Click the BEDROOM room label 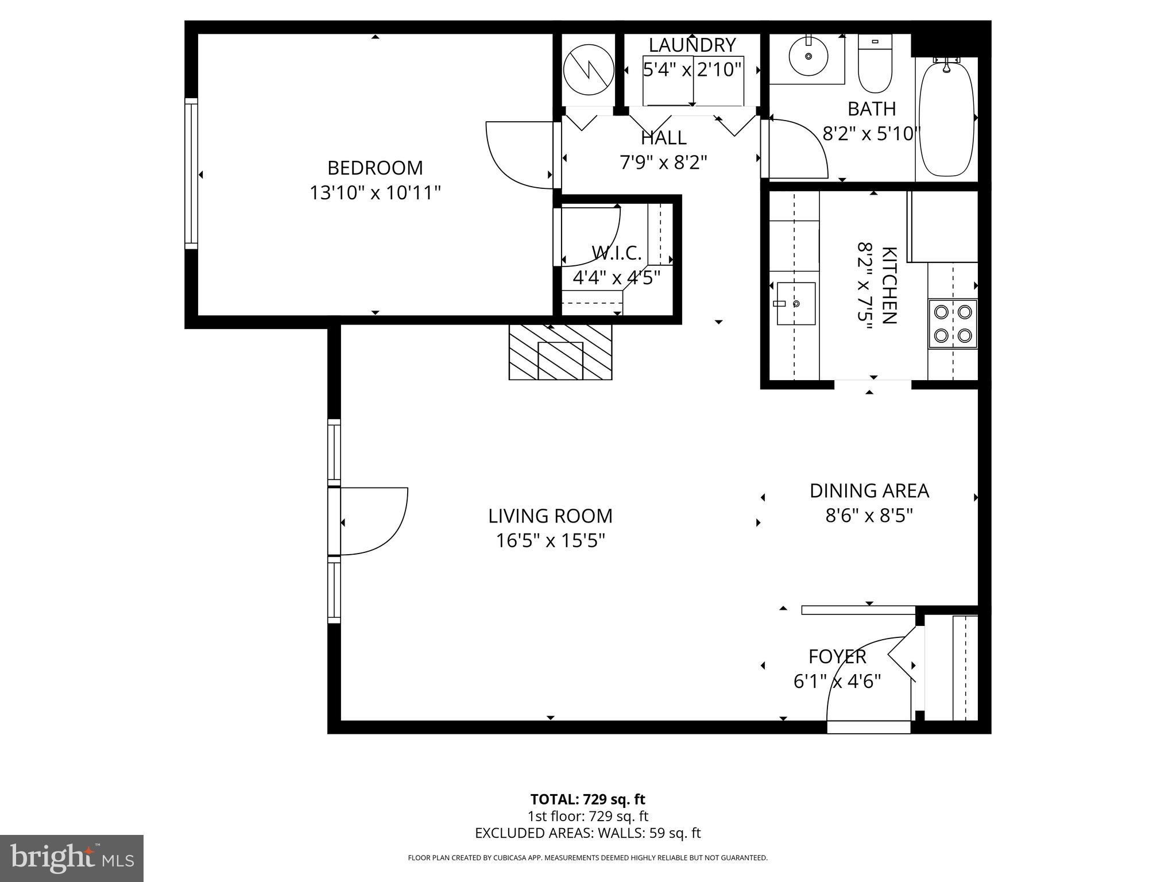click(x=375, y=168)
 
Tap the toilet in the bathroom click(x=875, y=66)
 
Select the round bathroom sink click(x=808, y=56)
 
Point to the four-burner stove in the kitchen click(x=953, y=323)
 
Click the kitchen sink click(x=795, y=303)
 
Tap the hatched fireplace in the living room click(x=560, y=352)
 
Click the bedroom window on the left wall click(x=191, y=173)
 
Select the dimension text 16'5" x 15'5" click(x=551, y=541)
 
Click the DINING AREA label click(x=869, y=491)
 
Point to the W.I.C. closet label click(x=616, y=253)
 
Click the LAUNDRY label click(x=692, y=45)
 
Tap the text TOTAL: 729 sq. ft click(x=587, y=799)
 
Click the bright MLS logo click(x=72, y=858)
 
